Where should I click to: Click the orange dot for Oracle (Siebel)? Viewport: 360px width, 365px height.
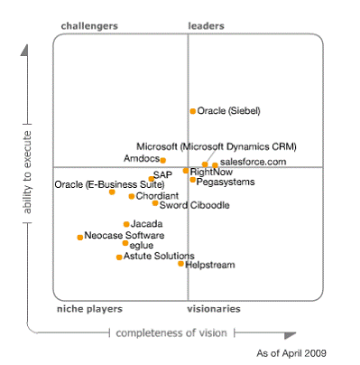coord(192,111)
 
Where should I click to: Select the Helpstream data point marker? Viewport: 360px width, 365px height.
coord(180,264)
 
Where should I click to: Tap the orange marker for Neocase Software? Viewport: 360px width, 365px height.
coord(79,237)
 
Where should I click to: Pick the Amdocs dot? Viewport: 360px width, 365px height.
coord(162,160)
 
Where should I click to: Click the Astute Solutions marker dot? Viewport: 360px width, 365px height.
coord(119,257)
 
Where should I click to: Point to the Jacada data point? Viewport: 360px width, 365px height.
coord(126,224)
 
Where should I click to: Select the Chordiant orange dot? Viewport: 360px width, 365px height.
coord(131,196)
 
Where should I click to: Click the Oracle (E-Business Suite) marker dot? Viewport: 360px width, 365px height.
coord(112,192)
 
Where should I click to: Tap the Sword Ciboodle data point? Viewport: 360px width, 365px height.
coord(155,203)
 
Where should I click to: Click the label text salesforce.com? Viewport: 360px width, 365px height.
coord(253,162)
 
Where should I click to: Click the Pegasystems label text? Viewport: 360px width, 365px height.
coord(226,182)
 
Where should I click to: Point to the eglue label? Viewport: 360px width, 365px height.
coord(141,245)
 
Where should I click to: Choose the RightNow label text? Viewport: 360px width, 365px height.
coord(211,171)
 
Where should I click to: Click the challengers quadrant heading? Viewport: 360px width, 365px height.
coord(89,26)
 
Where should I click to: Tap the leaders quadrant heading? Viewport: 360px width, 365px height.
coord(206,26)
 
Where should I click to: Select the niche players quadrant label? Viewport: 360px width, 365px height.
coord(89,309)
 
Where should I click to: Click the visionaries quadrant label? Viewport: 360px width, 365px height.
coord(214,309)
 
